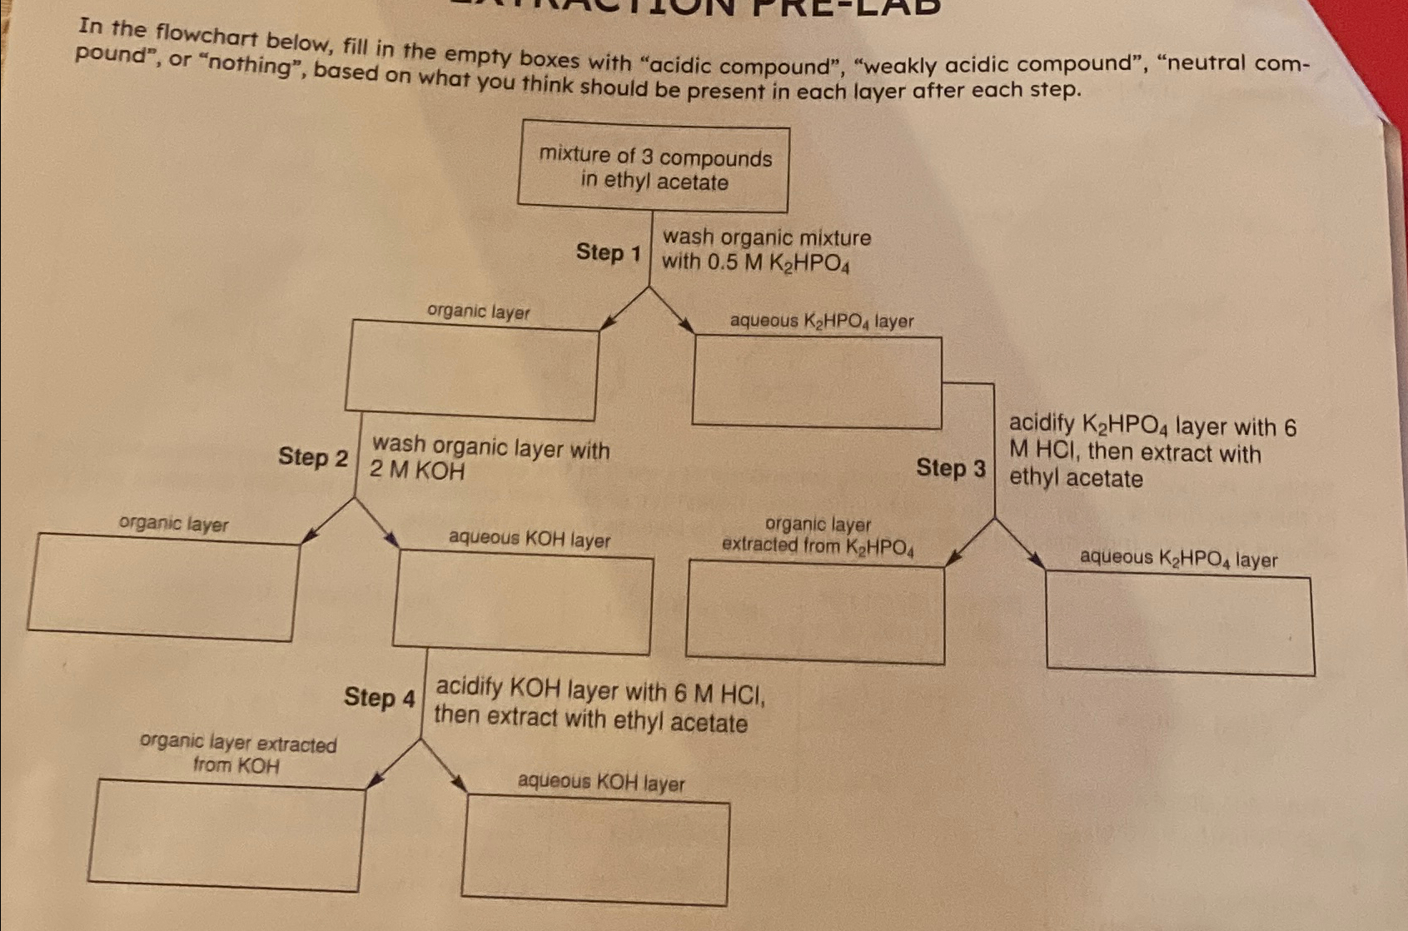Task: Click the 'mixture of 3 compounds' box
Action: pos(654,167)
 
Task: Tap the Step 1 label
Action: pos(609,251)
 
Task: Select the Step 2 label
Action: pos(313,456)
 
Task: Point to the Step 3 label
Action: pos(951,467)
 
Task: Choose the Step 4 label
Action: pos(379,696)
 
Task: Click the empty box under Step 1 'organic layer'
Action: pos(472,370)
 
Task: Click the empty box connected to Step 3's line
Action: pos(817,381)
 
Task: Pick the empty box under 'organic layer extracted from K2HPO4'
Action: pos(815,612)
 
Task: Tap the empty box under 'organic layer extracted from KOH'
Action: pos(226,835)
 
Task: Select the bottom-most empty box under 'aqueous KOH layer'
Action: pos(595,850)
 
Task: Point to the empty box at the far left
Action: pos(162,587)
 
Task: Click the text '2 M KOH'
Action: pos(417,470)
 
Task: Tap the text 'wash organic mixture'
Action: pos(767,237)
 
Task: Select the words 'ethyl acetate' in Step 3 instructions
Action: pos(1076,479)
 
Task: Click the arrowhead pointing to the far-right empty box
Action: pos(1037,562)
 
